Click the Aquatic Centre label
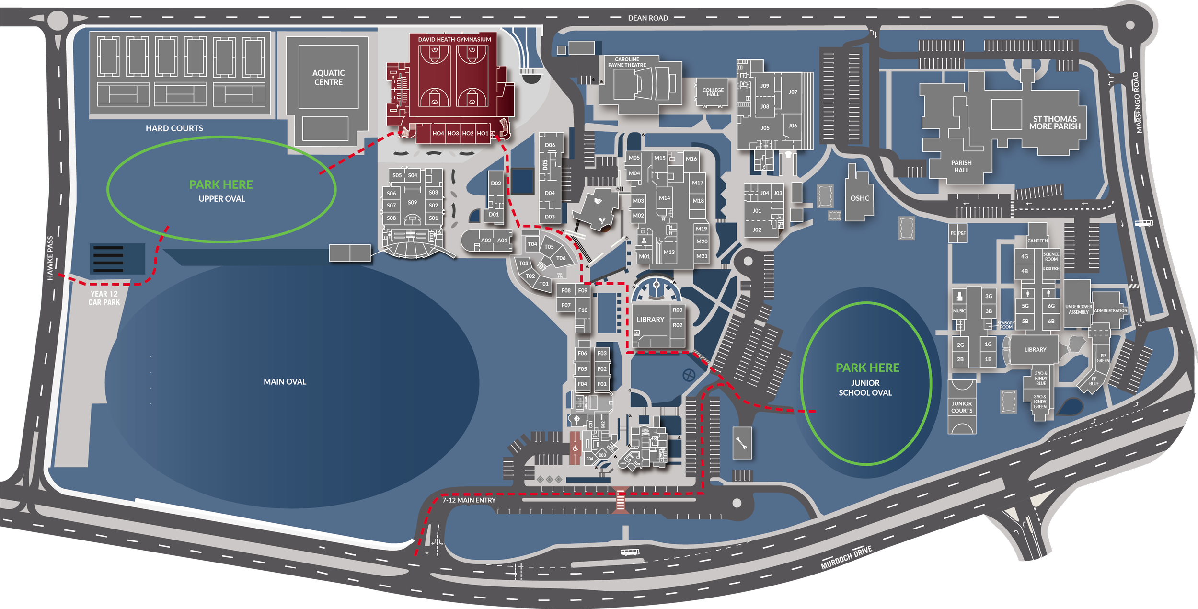point(328,78)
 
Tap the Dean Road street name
point(648,18)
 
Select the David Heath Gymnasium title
point(454,40)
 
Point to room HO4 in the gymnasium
point(438,133)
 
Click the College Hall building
point(713,92)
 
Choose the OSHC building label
point(860,198)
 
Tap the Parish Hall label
point(961,166)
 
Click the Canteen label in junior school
point(1037,241)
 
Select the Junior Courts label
point(962,407)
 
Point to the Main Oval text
point(285,382)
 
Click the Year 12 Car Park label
point(104,298)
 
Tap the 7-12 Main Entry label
point(469,500)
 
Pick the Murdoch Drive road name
point(846,557)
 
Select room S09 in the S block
point(412,203)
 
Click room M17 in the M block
point(698,183)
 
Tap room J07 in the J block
point(793,92)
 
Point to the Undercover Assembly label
point(1078,310)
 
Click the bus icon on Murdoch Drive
point(630,552)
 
